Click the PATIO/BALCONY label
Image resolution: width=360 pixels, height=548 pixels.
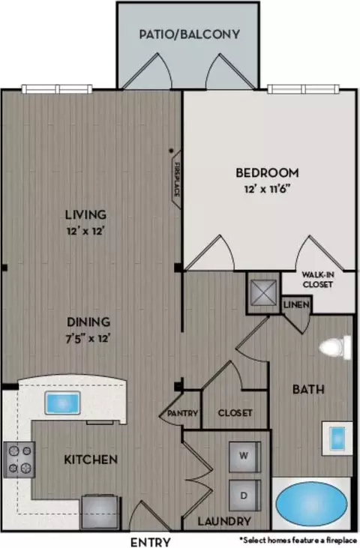[190, 34]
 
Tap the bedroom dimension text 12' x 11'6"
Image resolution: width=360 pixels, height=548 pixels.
[268, 189]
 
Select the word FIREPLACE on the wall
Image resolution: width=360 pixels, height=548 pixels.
[177, 179]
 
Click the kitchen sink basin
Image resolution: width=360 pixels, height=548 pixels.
[62, 403]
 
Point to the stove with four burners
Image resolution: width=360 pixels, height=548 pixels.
[19, 460]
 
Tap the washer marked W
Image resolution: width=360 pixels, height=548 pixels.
[244, 457]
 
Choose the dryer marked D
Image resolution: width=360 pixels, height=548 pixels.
[244, 496]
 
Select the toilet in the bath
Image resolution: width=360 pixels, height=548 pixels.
[335, 347]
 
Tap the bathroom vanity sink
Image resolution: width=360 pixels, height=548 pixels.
[337, 439]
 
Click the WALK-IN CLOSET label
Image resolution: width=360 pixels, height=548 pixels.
[318, 280]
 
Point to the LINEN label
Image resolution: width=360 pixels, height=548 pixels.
[296, 305]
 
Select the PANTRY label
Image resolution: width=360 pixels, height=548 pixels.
[182, 414]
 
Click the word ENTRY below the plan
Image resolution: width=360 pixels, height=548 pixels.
[151, 542]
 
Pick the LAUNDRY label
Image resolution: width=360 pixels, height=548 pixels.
[224, 522]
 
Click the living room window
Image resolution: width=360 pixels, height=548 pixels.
[57, 89]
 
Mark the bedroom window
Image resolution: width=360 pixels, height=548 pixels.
[304, 89]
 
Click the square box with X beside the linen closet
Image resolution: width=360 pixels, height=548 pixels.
[264, 292]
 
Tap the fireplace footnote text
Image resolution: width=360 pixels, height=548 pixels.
[298, 541]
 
